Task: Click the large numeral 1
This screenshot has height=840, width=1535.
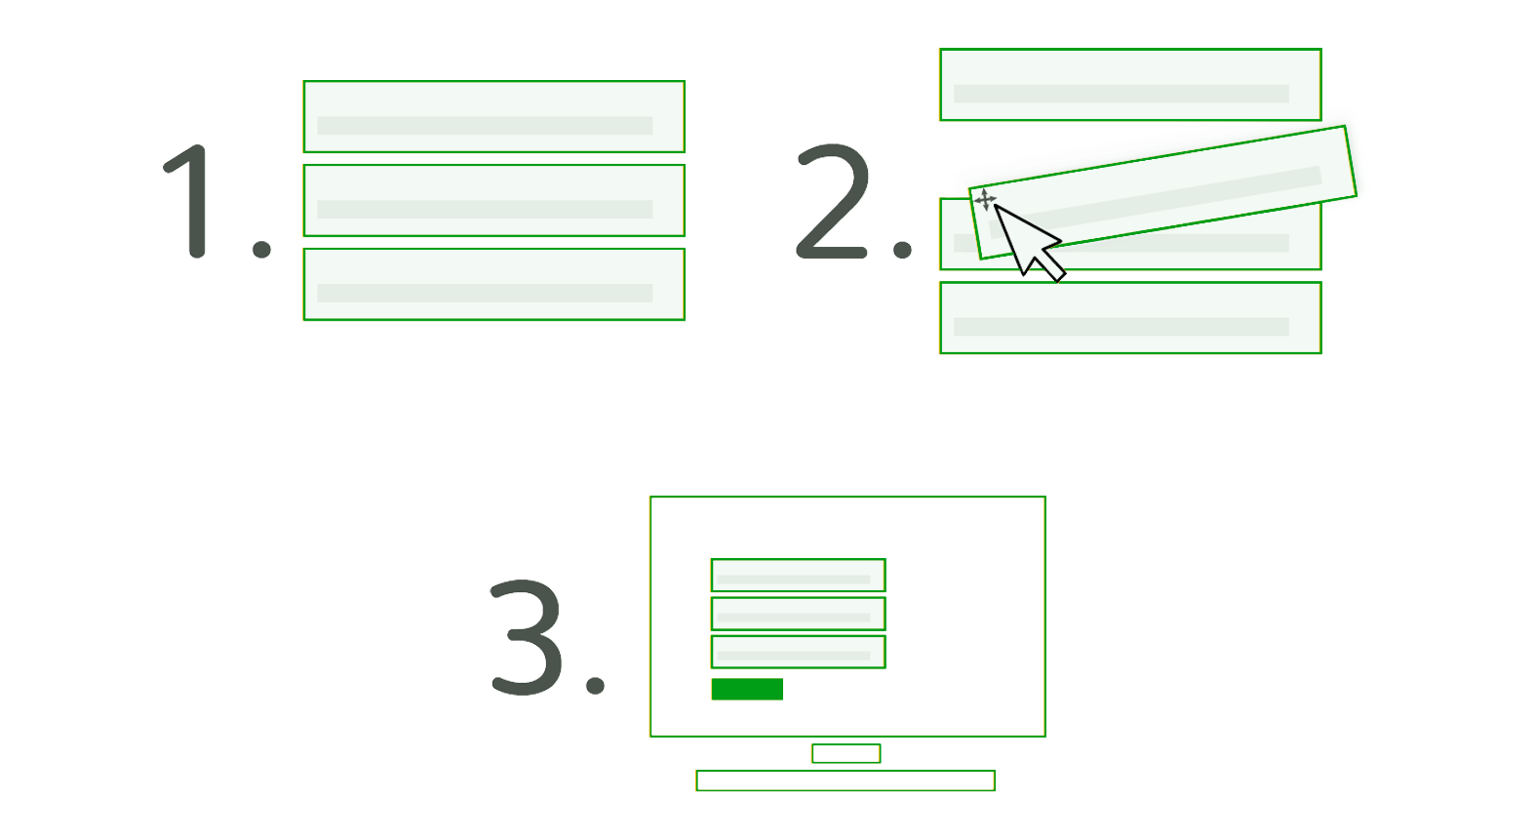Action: pyautogui.click(x=192, y=202)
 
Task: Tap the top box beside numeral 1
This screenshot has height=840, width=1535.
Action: pyautogui.click(x=492, y=117)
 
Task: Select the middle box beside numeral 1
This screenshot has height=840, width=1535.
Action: pyautogui.click(x=492, y=200)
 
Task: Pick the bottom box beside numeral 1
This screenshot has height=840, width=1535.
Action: pyautogui.click(x=492, y=284)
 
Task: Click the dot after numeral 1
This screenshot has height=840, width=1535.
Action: pyautogui.click(x=261, y=248)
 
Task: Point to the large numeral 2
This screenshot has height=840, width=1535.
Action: pyautogui.click(x=832, y=202)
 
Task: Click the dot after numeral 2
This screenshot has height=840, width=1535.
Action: pyautogui.click(x=902, y=248)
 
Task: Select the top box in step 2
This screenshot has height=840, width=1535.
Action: pyautogui.click(x=1128, y=86)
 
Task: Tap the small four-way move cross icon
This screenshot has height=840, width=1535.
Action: pyautogui.click(x=985, y=201)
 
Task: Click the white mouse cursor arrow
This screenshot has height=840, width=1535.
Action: pyautogui.click(x=1026, y=242)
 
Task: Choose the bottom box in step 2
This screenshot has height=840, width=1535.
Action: pyautogui.click(x=1128, y=318)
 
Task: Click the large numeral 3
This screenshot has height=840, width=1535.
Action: pyautogui.click(x=527, y=637)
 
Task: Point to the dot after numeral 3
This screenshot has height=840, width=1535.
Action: pyautogui.click(x=595, y=683)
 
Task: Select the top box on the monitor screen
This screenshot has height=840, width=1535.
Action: pyautogui.click(x=797, y=575)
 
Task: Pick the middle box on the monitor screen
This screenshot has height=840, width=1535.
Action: pyautogui.click(x=797, y=613)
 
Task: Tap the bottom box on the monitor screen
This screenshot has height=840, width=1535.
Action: pyautogui.click(x=797, y=652)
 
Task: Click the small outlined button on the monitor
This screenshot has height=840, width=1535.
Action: pyautogui.click(x=746, y=689)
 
